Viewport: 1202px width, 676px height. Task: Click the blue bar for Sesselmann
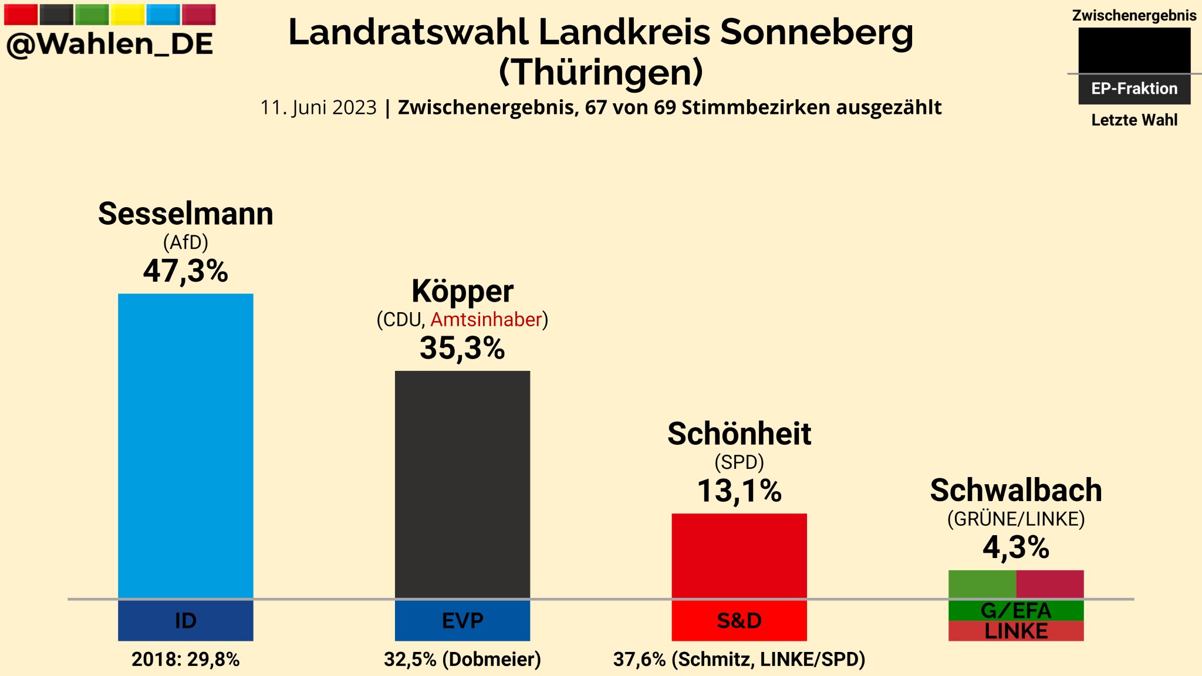point(185,446)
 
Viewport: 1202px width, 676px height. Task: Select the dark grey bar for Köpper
point(462,484)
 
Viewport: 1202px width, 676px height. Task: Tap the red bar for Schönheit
point(739,556)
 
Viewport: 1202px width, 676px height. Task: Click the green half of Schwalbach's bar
point(982,584)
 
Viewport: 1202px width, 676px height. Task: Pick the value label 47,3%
point(185,271)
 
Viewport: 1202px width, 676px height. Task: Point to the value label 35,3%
point(462,348)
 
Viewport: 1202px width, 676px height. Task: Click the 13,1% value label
point(739,491)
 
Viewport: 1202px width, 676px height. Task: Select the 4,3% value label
point(1016,547)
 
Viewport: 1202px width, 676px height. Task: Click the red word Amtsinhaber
point(486,320)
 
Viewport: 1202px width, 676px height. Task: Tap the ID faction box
point(185,621)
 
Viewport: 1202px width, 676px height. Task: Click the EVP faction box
point(462,621)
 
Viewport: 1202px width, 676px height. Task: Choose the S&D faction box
point(739,621)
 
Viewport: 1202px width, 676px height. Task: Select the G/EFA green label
point(1016,611)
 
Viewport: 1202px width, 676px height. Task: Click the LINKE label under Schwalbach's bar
point(1016,631)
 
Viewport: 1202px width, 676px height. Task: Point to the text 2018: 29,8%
point(185,660)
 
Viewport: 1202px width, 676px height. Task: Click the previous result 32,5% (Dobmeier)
point(462,660)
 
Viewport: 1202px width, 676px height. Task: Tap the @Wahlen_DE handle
point(110,45)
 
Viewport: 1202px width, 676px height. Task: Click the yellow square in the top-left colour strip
point(127,14)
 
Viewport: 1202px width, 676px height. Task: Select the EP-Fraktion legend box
point(1134,89)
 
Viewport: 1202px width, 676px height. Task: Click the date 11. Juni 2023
point(318,108)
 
